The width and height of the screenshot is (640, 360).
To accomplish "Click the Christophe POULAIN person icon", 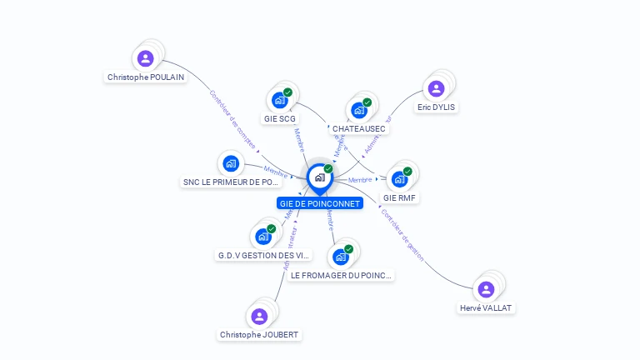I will click(146, 58).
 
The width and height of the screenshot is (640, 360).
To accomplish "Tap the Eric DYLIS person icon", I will click(436, 88).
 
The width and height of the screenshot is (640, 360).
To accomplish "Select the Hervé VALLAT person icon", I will click(486, 289).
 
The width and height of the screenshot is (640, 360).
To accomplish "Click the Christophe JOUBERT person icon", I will click(259, 316).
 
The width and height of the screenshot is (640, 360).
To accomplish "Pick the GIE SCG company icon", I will click(280, 100).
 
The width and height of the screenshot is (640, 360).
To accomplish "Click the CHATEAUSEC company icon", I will click(359, 110).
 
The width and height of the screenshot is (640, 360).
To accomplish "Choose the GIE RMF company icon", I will click(400, 179).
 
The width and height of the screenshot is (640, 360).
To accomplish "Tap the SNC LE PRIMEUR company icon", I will click(231, 163).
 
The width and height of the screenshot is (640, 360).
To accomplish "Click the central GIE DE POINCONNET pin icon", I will click(319, 177).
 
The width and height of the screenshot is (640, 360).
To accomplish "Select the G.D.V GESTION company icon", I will click(263, 237).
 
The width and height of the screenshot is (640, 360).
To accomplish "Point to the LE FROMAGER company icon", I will click(341, 257).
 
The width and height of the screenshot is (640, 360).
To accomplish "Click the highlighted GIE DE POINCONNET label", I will click(320, 203).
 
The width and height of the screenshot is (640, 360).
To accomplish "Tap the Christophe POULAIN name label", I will click(146, 77).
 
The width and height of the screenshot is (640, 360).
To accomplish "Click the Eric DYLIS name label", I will click(437, 107).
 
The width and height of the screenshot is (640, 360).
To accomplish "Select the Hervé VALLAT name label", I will click(487, 307).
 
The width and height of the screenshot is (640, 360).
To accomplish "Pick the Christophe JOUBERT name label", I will click(259, 334).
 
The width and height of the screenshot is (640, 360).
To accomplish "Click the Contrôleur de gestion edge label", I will click(402, 236).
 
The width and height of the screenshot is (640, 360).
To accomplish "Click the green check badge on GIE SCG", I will click(287, 92).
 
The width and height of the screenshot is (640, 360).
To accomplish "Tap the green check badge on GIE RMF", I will click(407, 172).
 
